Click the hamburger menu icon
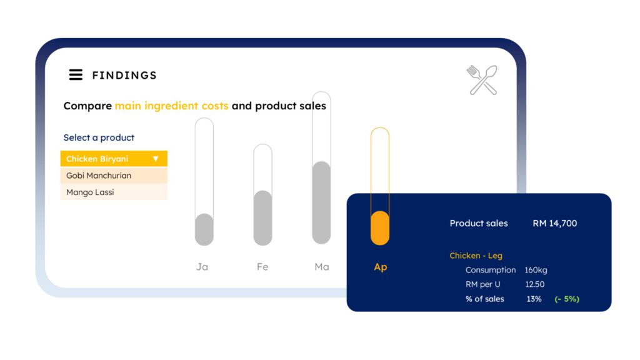[76, 75]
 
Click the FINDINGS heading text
[124, 76]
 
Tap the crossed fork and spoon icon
[482, 80]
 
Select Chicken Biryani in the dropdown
[97, 159]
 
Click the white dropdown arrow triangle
[156, 159]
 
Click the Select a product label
[99, 137]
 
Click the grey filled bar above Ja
[204, 229]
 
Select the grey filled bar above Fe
[263, 218]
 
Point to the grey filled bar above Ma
[322, 202]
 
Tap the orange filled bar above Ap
[380, 228]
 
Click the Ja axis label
[202, 267]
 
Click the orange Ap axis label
[381, 267]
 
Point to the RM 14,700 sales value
[555, 223]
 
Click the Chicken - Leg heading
[476, 256]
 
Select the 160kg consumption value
[536, 270]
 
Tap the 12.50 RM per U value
[535, 284]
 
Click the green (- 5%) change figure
[567, 299]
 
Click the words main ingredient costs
[171, 106]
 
